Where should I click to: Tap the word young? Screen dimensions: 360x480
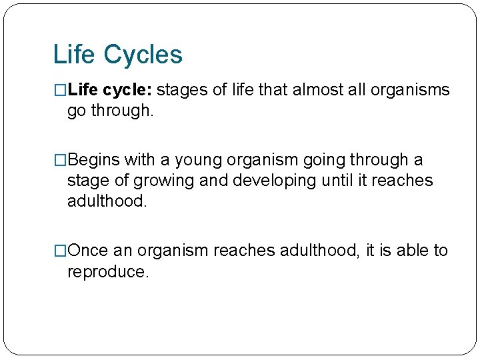coord(199,161)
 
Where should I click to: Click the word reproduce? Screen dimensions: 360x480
coord(105,272)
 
